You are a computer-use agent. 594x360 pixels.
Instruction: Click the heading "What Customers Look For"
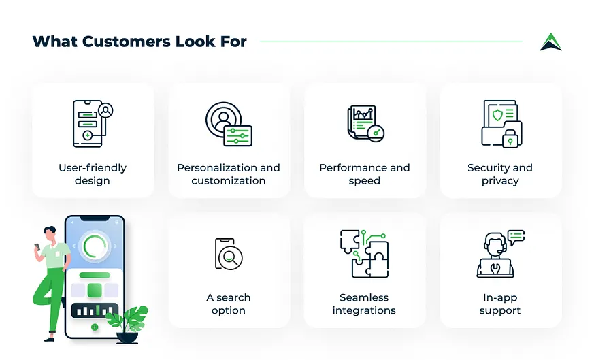tap(139, 42)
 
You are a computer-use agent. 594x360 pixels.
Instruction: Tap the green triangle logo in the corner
tap(550, 42)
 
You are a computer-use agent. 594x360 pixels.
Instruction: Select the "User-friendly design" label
tap(93, 174)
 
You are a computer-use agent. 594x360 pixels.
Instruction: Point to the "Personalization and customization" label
tap(229, 174)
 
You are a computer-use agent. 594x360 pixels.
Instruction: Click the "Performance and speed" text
tap(365, 174)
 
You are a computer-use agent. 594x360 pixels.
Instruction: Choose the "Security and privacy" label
tap(500, 174)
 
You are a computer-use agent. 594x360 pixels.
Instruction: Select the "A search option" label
tap(229, 304)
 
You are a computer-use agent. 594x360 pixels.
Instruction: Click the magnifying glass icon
tap(231, 257)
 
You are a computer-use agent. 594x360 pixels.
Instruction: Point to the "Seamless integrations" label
tap(364, 304)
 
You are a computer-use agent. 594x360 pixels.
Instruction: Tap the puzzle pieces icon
tap(364, 253)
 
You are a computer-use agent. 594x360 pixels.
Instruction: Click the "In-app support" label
tap(500, 304)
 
